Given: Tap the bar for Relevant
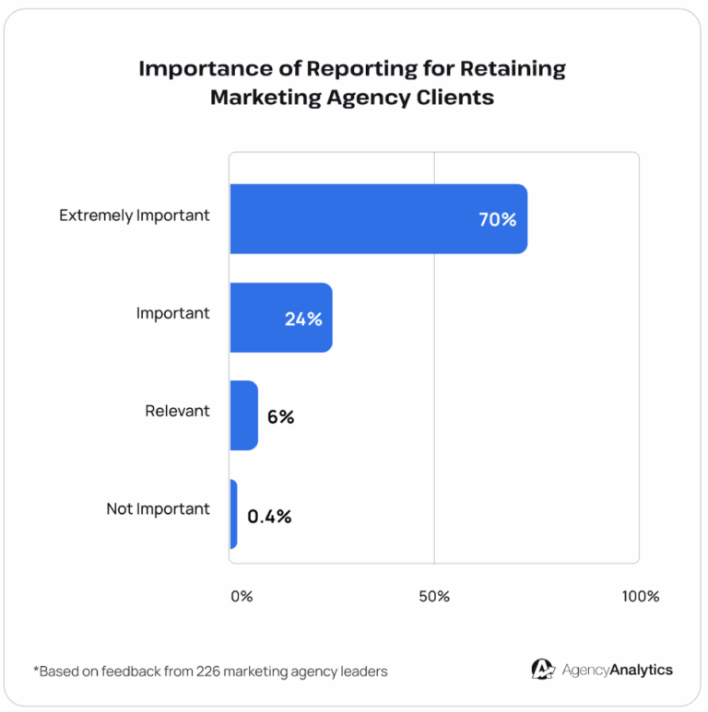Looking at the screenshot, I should (x=243, y=415).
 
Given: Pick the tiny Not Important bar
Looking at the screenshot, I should (x=233, y=514).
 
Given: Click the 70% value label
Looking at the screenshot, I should (x=497, y=220).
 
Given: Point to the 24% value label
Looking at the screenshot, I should (x=303, y=319).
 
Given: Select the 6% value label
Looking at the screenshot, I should (x=280, y=416).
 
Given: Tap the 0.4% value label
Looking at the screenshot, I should (x=269, y=516).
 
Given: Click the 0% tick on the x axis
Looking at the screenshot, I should (x=241, y=596).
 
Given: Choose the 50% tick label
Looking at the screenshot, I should (x=433, y=596).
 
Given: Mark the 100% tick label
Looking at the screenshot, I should (x=640, y=596).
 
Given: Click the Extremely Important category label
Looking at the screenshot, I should (x=135, y=216).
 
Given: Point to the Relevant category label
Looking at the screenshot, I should (x=177, y=411).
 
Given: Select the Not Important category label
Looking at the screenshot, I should (x=158, y=508).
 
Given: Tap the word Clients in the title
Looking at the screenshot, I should (x=454, y=97).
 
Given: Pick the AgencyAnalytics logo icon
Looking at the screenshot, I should (x=543, y=670).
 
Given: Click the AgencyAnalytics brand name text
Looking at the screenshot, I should (x=618, y=671).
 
